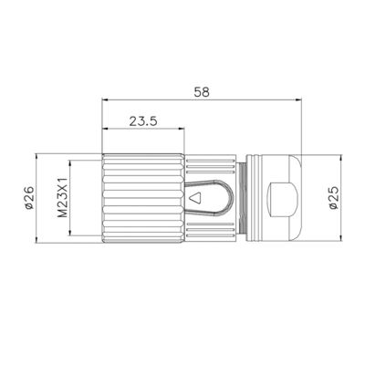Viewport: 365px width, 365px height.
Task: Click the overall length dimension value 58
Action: coord(202,92)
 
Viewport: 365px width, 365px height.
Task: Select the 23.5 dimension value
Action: coord(143,121)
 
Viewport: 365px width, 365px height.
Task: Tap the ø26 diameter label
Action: coord(29,198)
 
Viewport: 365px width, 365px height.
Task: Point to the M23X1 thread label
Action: coord(63,198)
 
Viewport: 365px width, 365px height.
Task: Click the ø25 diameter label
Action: coord(334,198)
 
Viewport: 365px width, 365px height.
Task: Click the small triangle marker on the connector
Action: coord(195,198)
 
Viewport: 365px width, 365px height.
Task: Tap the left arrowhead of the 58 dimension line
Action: coord(105,99)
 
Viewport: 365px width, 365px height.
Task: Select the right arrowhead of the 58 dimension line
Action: coord(297,99)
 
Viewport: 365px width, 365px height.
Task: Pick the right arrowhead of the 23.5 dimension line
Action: coord(182,129)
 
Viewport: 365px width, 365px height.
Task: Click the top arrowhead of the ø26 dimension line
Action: coord(36,157)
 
